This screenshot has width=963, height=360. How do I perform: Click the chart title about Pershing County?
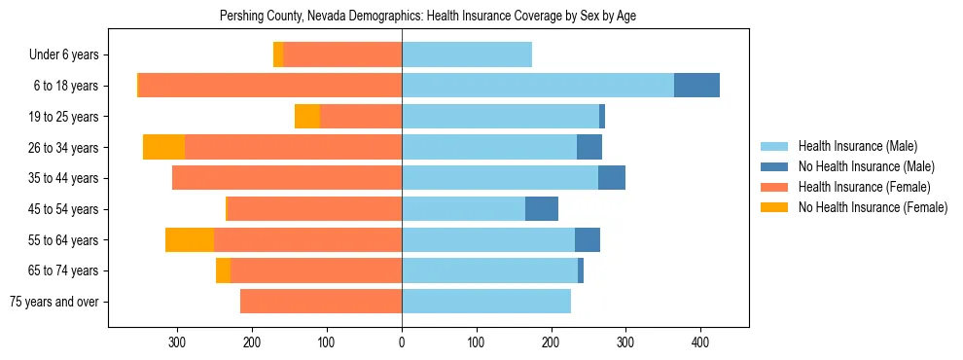click(x=428, y=17)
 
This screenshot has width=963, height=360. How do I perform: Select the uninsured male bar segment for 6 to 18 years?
click(x=696, y=86)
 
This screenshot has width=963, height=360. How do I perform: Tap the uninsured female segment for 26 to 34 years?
click(x=163, y=147)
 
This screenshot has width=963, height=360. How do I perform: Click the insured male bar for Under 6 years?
click(x=467, y=54)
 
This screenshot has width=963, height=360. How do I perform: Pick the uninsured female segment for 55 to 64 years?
click(x=190, y=239)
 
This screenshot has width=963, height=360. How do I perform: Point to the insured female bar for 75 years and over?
click(x=321, y=302)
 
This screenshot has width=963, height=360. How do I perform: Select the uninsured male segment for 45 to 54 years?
click(x=542, y=209)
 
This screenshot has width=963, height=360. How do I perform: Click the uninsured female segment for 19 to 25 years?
click(x=307, y=117)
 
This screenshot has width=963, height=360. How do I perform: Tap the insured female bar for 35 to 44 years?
click(x=287, y=178)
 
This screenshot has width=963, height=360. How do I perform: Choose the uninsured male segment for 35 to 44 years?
click(x=612, y=178)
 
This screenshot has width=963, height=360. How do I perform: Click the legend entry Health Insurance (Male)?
click(x=857, y=146)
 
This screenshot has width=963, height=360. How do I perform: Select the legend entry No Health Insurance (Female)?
click(x=873, y=207)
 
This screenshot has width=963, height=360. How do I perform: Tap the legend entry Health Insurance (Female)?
click(x=864, y=187)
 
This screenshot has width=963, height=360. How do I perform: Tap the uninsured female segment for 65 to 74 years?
click(x=223, y=270)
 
